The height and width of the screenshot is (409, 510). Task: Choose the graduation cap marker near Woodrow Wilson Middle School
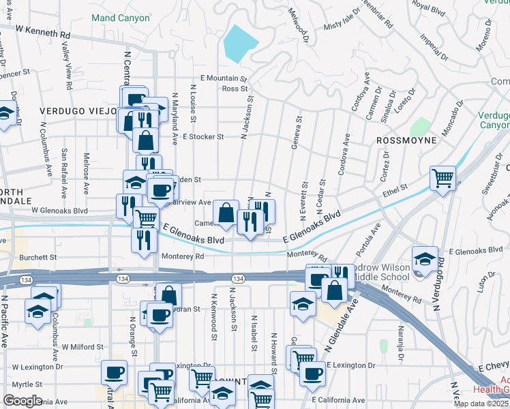[x=425, y=260]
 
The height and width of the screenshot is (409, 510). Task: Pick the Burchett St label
[x=38, y=258]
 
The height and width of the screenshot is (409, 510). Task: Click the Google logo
[x=22, y=401]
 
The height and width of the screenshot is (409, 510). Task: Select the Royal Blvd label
[x=428, y=8]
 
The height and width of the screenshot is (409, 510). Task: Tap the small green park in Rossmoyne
[x=421, y=127]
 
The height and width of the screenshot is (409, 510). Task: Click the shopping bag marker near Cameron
[x=225, y=213]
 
